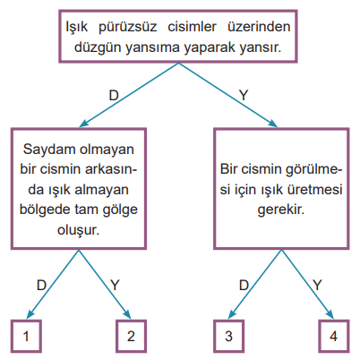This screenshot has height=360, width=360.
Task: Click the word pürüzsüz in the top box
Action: pyautogui.click(x=127, y=28)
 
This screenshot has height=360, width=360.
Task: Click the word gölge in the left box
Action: pyautogui.click(x=120, y=210)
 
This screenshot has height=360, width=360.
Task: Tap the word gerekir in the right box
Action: pyautogui.click(x=281, y=210)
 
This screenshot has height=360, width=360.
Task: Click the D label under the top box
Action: pyautogui.click(x=114, y=96)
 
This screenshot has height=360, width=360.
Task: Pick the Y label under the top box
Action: pyautogui.click(x=244, y=96)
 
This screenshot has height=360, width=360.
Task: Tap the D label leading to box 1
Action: pyautogui.click(x=41, y=286)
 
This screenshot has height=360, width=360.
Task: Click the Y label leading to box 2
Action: pyautogui.click(x=115, y=286)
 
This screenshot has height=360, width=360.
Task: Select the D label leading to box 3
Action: pyautogui.click(x=244, y=286)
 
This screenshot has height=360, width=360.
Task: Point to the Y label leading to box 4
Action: pyautogui.click(x=317, y=286)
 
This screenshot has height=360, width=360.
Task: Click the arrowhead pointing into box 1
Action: pyautogui.click(x=30, y=314)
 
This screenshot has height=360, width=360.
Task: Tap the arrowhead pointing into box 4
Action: pyautogui.click(x=330, y=314)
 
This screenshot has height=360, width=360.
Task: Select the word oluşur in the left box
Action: pyautogui.click(x=78, y=230)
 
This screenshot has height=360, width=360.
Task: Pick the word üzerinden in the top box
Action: pyautogui.click(x=259, y=27)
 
